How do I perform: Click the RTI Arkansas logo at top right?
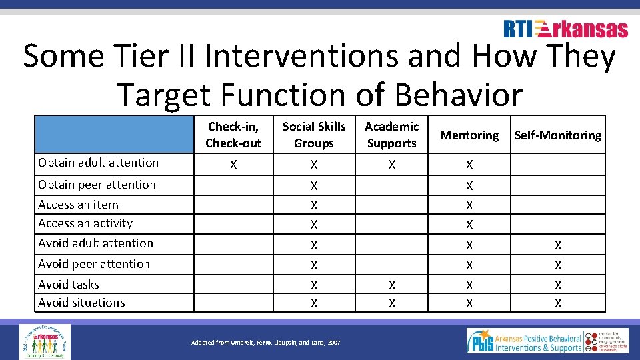coord(565,29)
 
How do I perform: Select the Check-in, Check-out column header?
coord(233,135)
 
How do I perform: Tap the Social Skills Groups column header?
coord(314,135)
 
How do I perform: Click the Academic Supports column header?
coord(392,135)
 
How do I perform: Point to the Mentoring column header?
coord(469,135)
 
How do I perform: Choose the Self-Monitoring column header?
coord(558,135)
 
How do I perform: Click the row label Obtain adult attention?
coord(99,163)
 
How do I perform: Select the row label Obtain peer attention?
coord(97,185)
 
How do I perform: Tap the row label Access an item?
coord(78,205)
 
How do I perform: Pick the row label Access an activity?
coord(85,223)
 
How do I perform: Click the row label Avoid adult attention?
coord(96,243)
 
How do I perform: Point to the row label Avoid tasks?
coord(69,285)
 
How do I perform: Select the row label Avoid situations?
coord(82,303)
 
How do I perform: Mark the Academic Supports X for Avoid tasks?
coord(392,285)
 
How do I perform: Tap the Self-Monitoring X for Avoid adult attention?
coord(558,245)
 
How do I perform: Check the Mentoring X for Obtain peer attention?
coord(469,186)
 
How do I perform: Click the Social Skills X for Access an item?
coord(314,205)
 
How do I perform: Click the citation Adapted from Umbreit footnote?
coord(265,343)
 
